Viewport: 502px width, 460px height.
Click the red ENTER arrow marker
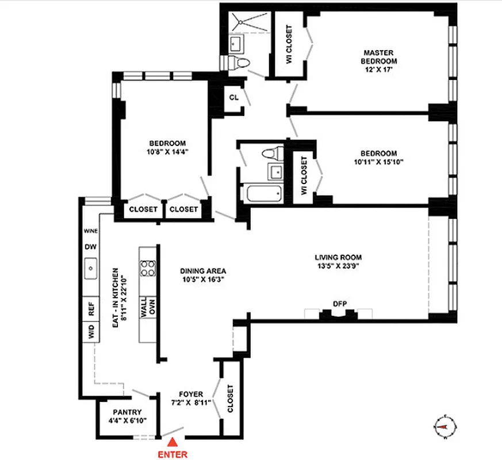click(172, 442)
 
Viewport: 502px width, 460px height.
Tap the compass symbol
click(442, 426)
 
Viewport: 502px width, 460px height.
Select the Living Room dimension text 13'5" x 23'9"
click(338, 266)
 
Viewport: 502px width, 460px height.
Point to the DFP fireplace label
click(339, 304)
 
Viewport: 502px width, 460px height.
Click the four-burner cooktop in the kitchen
click(148, 268)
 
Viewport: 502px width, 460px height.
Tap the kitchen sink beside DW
click(90, 267)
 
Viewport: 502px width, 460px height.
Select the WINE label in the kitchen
click(90, 231)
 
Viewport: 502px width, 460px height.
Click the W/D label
click(91, 332)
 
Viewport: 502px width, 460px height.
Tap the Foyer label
click(192, 394)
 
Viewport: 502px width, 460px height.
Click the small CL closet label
click(233, 97)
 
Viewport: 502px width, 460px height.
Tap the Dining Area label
click(202, 270)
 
